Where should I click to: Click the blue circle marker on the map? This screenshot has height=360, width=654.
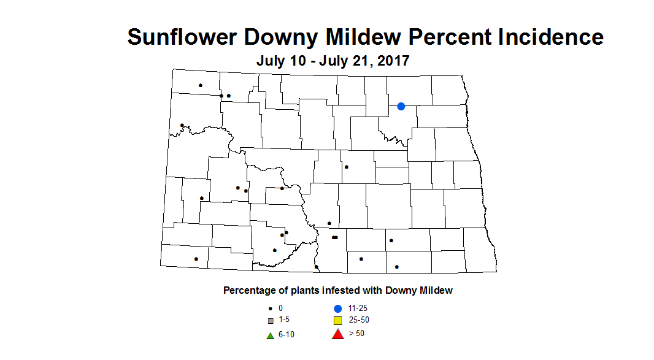pyautogui.click(x=401, y=106)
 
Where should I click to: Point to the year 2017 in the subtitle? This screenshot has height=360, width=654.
pyautogui.click(x=392, y=61)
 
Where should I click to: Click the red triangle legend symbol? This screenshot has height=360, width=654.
pyautogui.click(x=337, y=334)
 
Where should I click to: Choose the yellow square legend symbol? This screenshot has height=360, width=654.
pyautogui.click(x=337, y=321)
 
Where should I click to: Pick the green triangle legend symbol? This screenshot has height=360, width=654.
pyautogui.click(x=269, y=335)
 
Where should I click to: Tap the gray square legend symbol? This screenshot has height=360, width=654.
pyautogui.click(x=269, y=321)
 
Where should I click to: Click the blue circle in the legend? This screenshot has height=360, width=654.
pyautogui.click(x=337, y=308)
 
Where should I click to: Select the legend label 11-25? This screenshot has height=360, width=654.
pyautogui.click(x=357, y=308)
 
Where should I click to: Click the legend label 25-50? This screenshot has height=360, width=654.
pyautogui.click(x=358, y=320)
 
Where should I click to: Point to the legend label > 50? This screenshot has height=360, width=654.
pyautogui.click(x=356, y=334)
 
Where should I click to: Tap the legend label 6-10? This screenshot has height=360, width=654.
pyautogui.click(x=286, y=335)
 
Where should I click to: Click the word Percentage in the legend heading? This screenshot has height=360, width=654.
pyautogui.click(x=250, y=291)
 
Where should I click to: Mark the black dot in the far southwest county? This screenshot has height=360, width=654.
pyautogui.click(x=196, y=259)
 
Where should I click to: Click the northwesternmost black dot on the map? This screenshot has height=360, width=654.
pyautogui.click(x=200, y=85)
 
